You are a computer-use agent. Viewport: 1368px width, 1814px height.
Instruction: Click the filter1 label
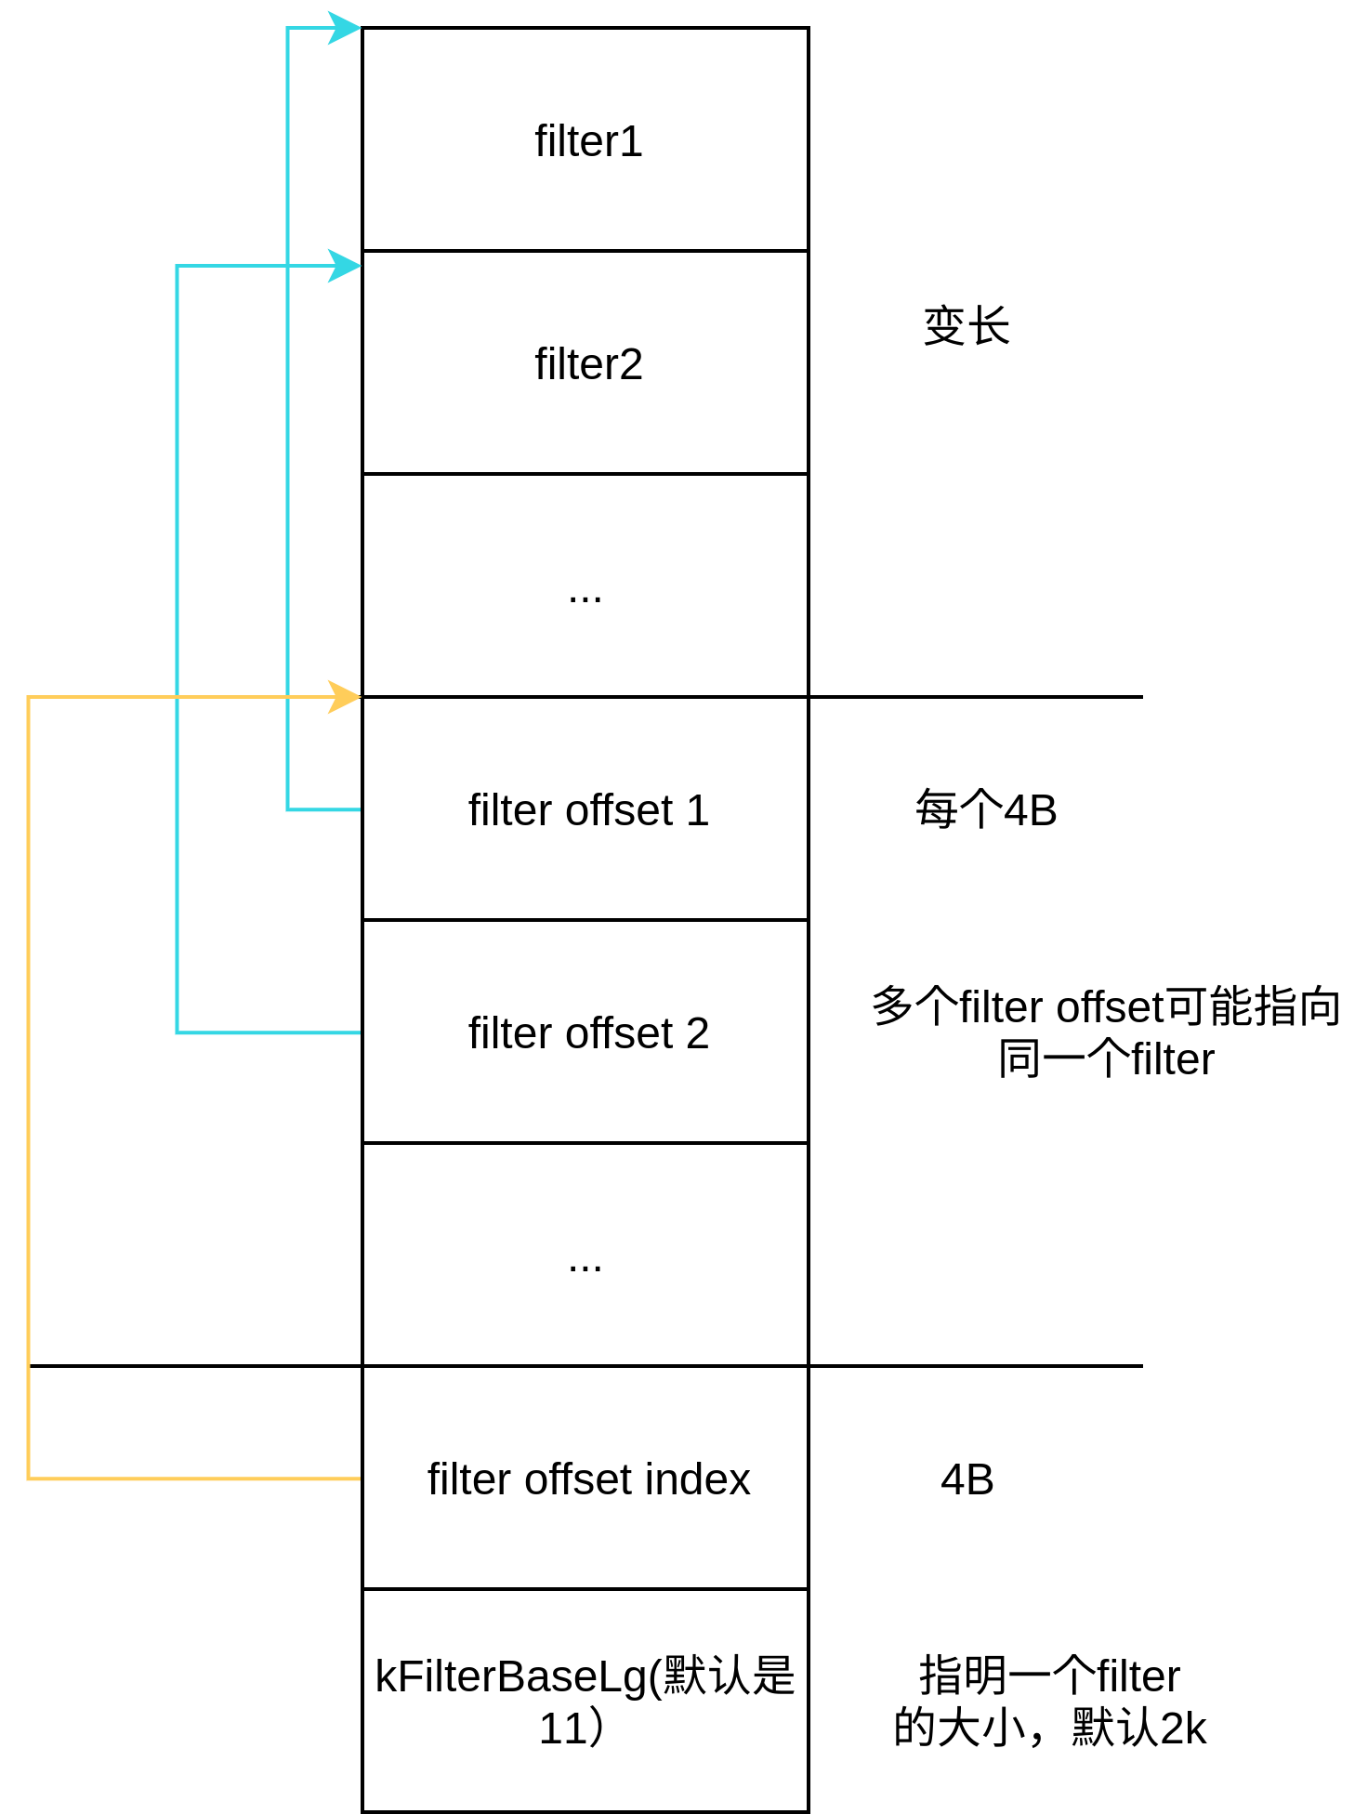click(x=588, y=142)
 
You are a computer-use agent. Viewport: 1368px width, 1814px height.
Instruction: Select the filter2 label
click(x=588, y=364)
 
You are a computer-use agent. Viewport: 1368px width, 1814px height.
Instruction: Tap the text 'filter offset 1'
click(x=588, y=810)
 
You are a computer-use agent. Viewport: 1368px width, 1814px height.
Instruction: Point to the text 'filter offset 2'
click(x=588, y=1033)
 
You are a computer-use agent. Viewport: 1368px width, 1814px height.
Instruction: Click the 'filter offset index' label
click(x=588, y=1479)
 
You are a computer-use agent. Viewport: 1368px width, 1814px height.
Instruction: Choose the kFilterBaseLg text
click(x=511, y=1677)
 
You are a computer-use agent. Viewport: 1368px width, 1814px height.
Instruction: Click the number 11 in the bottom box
click(x=562, y=1729)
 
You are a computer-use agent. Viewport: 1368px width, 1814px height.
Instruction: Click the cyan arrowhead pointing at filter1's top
click(x=345, y=28)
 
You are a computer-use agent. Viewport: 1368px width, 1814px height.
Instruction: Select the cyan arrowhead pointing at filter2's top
click(x=345, y=266)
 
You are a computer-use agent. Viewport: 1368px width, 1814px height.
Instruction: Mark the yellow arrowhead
click(x=345, y=697)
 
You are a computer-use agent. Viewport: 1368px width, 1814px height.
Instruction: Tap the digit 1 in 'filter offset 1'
click(x=698, y=810)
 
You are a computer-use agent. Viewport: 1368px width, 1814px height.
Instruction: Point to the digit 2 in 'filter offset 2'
click(x=698, y=1033)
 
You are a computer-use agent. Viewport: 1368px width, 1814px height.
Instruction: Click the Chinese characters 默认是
click(x=730, y=1677)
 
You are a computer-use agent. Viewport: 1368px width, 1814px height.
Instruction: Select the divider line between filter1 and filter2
click(x=585, y=251)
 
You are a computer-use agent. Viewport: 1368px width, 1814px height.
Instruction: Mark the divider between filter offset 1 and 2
click(x=585, y=920)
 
